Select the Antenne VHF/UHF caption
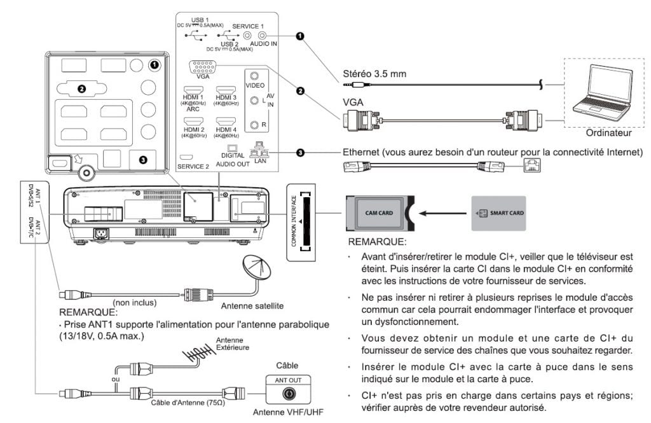285,412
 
